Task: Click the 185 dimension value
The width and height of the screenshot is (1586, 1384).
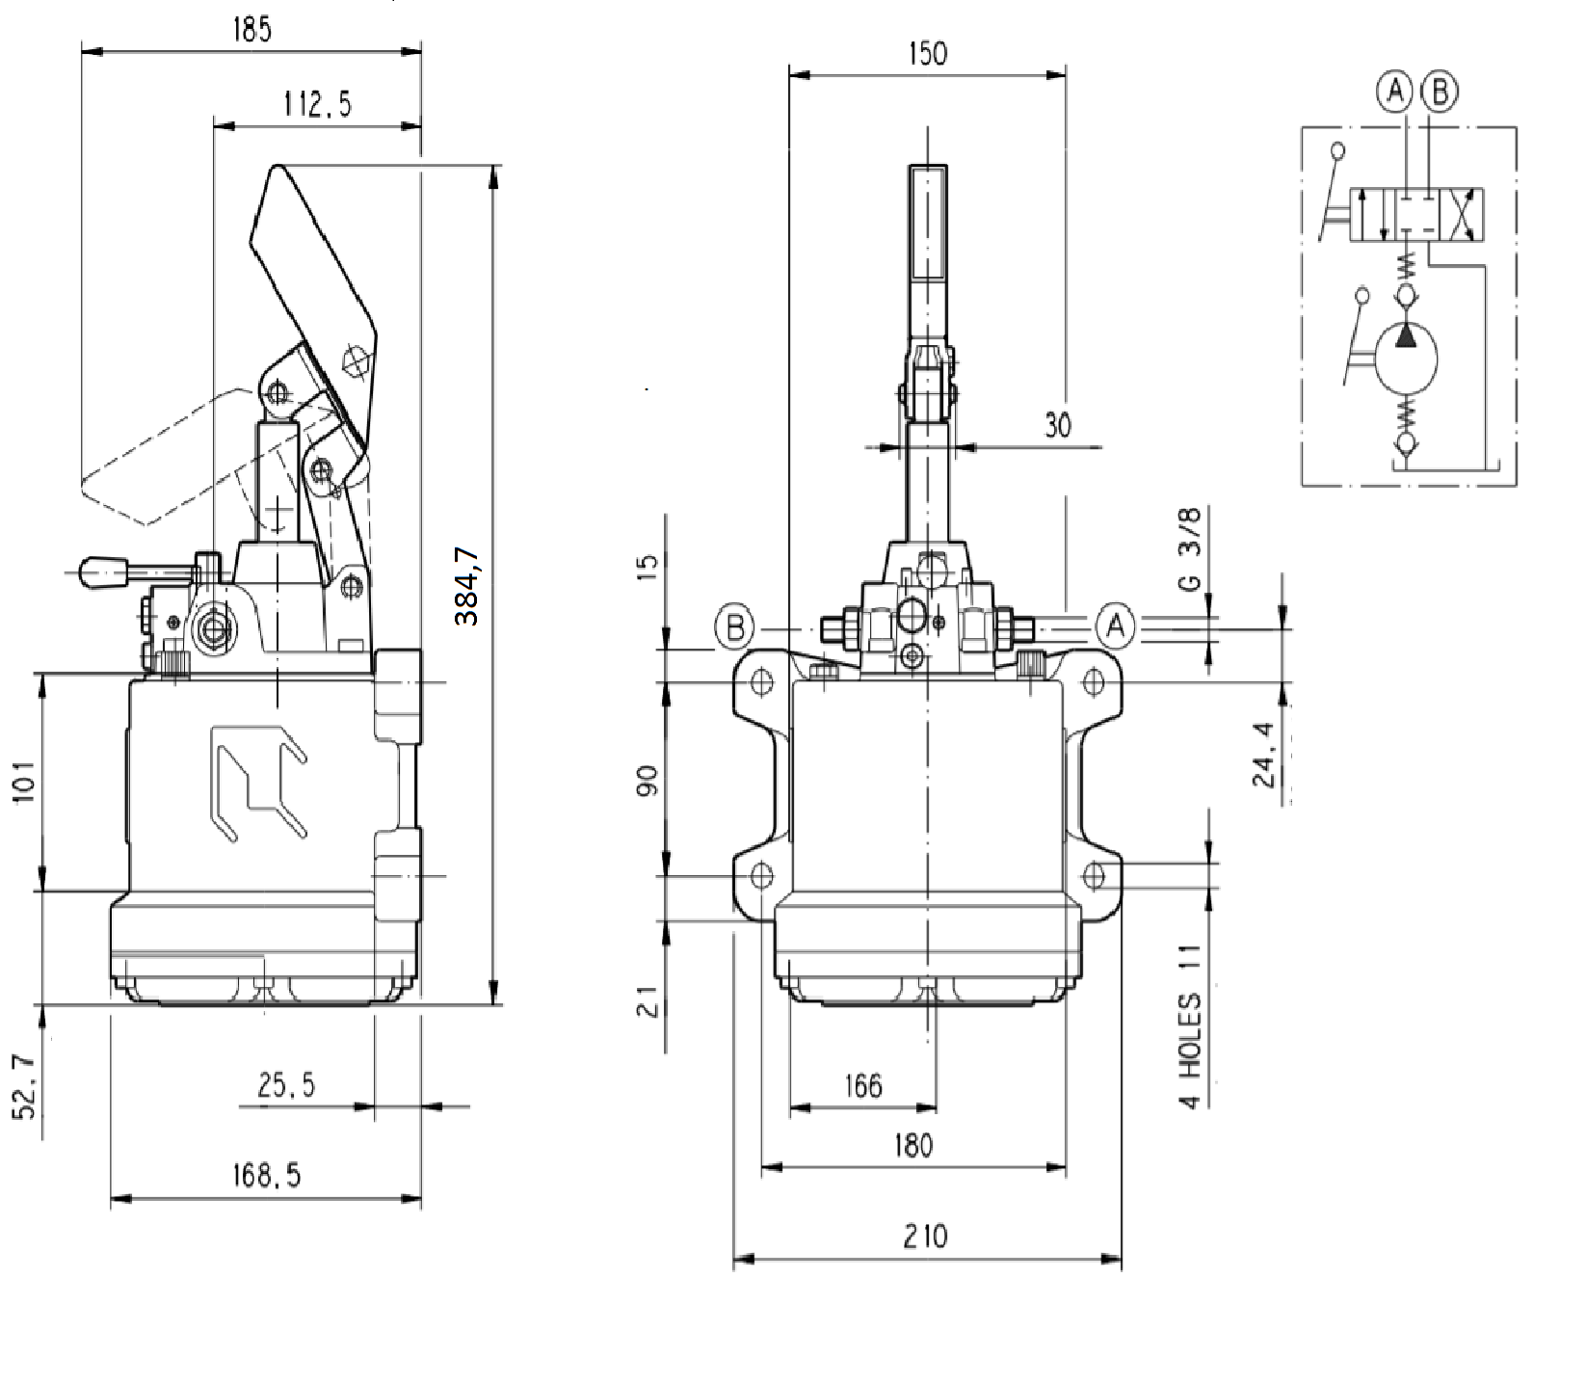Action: [251, 30]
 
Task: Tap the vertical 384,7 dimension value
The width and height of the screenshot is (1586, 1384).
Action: [467, 585]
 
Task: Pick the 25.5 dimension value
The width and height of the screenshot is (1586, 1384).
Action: [286, 1086]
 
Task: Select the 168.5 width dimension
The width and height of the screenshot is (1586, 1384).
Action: [266, 1175]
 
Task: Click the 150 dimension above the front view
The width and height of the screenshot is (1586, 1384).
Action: [927, 53]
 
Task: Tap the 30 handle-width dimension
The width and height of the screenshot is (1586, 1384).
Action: [1057, 425]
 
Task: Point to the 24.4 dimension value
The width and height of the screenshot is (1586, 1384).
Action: [1265, 754]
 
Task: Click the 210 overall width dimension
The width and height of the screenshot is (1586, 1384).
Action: [926, 1235]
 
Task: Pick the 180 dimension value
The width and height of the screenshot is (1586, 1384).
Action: [913, 1145]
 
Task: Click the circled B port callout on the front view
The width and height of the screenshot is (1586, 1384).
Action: [735, 628]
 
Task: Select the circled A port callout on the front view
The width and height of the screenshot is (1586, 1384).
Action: [1116, 627]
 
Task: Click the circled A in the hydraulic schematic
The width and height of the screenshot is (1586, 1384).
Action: [1393, 92]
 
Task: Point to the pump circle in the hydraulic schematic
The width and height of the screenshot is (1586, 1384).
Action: [1406, 359]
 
